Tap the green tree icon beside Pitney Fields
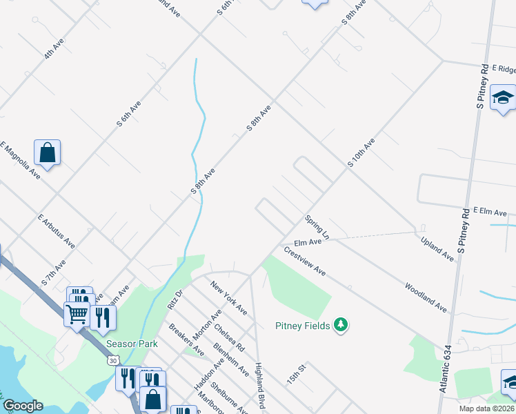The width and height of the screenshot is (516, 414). pyautogui.click(x=339, y=324)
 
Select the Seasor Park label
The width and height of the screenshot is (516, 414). pyautogui.click(x=132, y=344)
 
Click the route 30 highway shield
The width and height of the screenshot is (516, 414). pyautogui.click(x=112, y=359)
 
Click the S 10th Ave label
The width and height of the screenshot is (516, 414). pyautogui.click(x=361, y=153)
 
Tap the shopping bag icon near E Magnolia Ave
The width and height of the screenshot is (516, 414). pyautogui.click(x=47, y=153)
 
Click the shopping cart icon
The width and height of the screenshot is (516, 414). pyautogui.click(x=77, y=314)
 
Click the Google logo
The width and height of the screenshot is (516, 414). pyautogui.click(x=23, y=406)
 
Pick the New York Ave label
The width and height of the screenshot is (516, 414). pyautogui.click(x=229, y=298)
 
